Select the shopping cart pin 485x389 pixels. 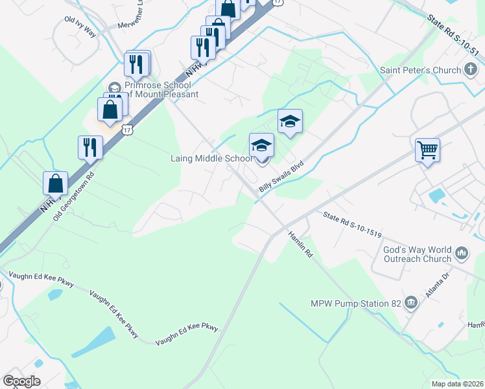pyautogui.click(x=428, y=150)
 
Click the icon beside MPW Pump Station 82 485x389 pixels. pyautogui.click(x=410, y=303)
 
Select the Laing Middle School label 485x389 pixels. pyautogui.click(x=211, y=158)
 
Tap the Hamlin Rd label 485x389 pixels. pyautogui.click(x=300, y=246)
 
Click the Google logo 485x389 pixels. pyautogui.click(x=21, y=381)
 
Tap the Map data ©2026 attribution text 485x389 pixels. pyautogui.click(x=457, y=384)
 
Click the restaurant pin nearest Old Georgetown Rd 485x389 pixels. pyautogui.click(x=90, y=148)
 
